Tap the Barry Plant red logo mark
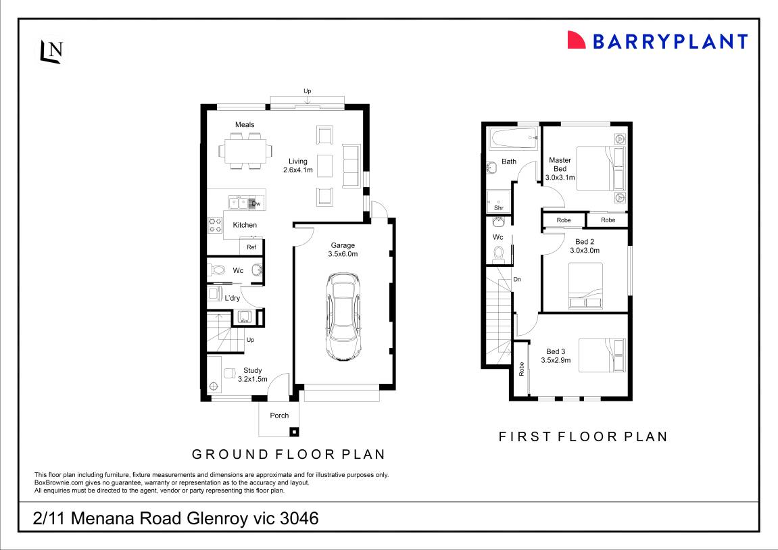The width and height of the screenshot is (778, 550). click(x=576, y=41)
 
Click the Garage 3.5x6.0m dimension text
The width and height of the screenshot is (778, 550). click(x=343, y=254)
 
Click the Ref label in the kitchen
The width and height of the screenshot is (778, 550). click(x=251, y=247)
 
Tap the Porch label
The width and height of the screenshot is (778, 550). click(x=279, y=416)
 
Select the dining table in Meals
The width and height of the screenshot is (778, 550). click(x=246, y=150)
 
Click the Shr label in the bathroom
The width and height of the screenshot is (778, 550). click(x=499, y=208)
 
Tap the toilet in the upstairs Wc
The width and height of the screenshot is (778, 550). click(x=500, y=253)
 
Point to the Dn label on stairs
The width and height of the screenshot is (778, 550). click(x=517, y=279)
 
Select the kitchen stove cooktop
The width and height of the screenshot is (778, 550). click(x=216, y=225)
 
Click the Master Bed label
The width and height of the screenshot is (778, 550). click(x=560, y=164)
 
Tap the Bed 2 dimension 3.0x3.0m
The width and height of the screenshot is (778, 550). click(x=585, y=250)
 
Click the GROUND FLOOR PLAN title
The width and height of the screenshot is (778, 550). click(x=289, y=454)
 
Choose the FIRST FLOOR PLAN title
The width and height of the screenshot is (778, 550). click(x=583, y=436)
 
